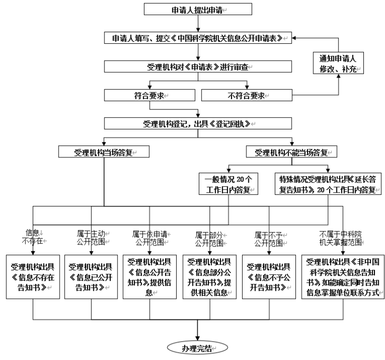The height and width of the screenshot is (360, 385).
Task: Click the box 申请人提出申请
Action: point(198,10)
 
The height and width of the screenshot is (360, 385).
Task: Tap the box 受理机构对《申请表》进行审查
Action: point(198,67)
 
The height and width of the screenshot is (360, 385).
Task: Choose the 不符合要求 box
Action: point(245,95)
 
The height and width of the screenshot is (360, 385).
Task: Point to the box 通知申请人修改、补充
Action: point(338,64)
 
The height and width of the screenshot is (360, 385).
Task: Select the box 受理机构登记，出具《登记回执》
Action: point(198,123)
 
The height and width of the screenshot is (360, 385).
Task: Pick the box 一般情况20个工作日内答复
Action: point(228,184)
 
